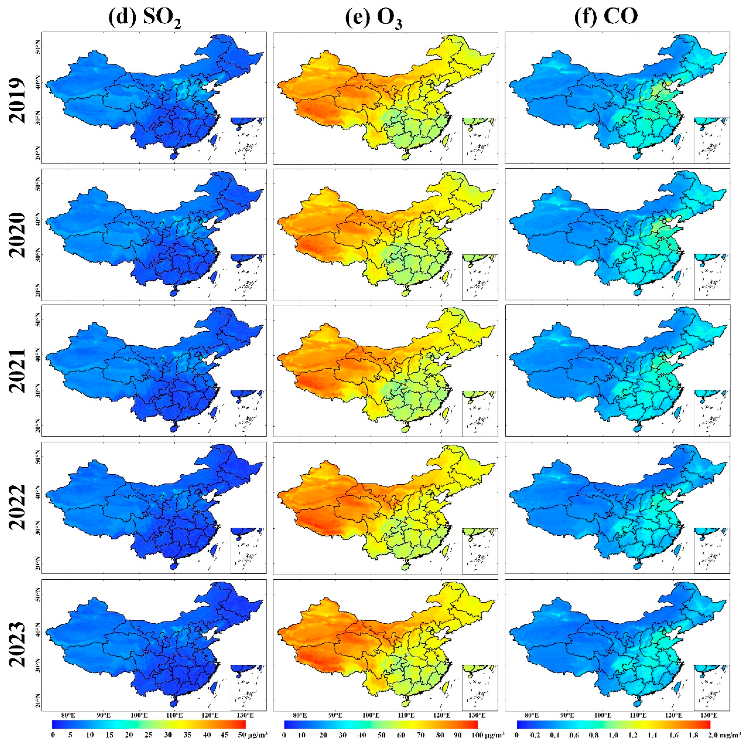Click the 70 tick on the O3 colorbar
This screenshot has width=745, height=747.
tap(420, 735)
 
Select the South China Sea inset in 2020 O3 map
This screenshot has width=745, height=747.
tap(479, 277)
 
